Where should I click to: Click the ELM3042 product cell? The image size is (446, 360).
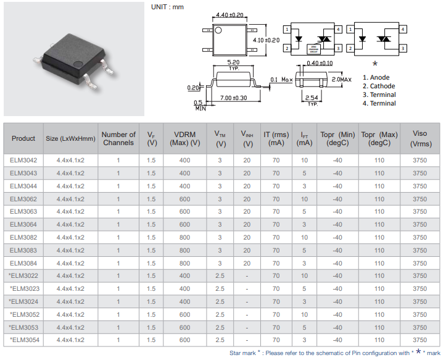pos(23,161)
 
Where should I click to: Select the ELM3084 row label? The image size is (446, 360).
pos(23,263)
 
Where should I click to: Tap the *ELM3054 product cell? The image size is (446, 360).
pos(23,340)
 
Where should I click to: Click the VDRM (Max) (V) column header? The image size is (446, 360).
pos(184,138)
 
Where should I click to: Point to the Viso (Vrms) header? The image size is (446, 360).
pos(419,138)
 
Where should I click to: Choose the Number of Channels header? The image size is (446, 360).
pos(118,138)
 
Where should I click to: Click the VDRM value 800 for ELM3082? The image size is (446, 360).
pos(184,238)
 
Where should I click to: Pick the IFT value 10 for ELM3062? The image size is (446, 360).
pos(304,199)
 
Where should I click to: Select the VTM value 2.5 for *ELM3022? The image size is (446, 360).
pos(220,276)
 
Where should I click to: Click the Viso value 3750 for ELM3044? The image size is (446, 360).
pos(419,186)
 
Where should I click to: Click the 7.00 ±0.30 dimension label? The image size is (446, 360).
pos(233,98)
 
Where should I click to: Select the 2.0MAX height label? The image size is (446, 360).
pos(341,80)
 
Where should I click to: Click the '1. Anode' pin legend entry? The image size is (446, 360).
pos(376,78)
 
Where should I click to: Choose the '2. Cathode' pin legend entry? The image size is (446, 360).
pos(379,86)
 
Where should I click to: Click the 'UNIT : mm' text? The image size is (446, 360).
pos(167,7)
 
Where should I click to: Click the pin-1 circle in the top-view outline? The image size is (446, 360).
pos(218,30)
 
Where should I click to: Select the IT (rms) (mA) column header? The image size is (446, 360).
pos(276,138)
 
